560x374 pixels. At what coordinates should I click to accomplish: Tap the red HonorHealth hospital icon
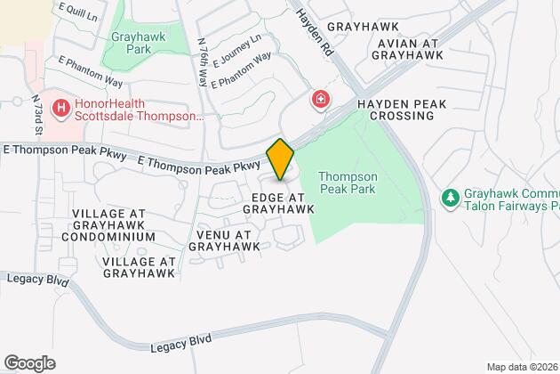click(x=61, y=109)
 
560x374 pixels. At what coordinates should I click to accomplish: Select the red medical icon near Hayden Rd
click(x=318, y=100)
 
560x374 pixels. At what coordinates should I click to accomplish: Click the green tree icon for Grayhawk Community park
click(x=451, y=196)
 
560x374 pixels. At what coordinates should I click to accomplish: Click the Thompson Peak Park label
click(x=348, y=183)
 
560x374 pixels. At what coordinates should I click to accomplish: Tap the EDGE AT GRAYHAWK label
click(x=278, y=202)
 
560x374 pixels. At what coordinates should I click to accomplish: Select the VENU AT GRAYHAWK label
click(x=219, y=241)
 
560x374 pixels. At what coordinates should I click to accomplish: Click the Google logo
click(x=28, y=362)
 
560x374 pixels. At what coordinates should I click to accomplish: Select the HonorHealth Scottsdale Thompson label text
click(x=129, y=109)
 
